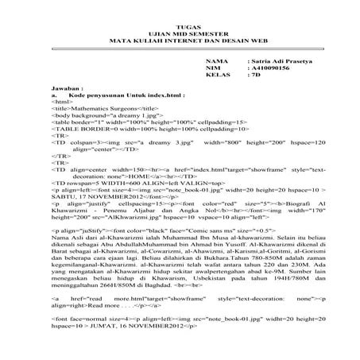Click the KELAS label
coord(216,77)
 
